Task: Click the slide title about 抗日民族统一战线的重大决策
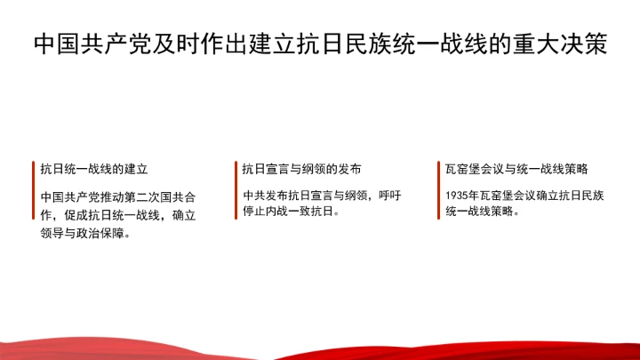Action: point(320,44)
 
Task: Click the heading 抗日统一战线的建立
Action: point(93,168)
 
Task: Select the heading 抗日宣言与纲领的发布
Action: point(301,168)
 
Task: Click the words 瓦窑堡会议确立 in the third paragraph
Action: point(524,195)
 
